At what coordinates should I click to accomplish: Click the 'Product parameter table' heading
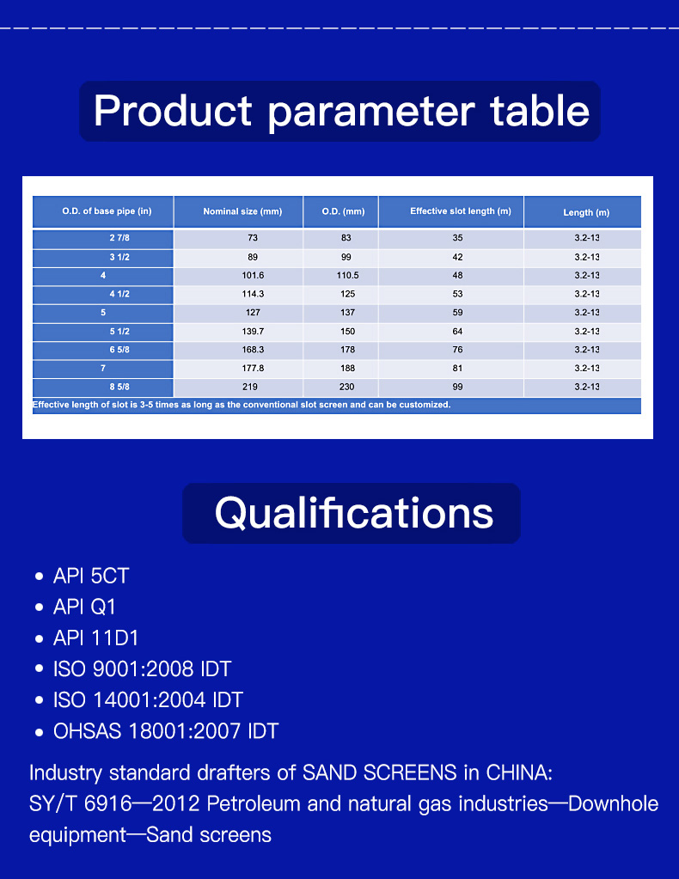[x=341, y=111]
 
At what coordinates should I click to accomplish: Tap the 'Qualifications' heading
[x=354, y=513]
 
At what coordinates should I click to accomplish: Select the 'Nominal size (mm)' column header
[x=242, y=211]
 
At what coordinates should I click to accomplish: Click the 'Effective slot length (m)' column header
[x=461, y=211]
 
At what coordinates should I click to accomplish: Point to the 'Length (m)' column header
[x=586, y=212]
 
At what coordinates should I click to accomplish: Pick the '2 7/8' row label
[x=119, y=238]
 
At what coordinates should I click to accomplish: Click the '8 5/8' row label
[x=119, y=387]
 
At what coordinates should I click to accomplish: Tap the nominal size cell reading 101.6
[x=253, y=275]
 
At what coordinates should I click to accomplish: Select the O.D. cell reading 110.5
[x=347, y=275]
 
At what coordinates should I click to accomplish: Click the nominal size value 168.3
[x=253, y=350]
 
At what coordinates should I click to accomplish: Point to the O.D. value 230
[x=347, y=387]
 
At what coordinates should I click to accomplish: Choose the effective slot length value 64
[x=457, y=332]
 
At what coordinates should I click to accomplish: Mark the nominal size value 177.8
[x=253, y=369]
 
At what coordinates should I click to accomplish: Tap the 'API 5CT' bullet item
[x=91, y=576]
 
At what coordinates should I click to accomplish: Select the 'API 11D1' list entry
[x=95, y=638]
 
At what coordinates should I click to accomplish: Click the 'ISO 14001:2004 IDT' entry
[x=148, y=699]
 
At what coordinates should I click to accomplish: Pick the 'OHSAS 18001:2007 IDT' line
[x=166, y=731]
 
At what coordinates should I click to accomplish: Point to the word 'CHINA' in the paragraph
[x=519, y=772]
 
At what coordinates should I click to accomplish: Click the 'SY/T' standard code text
[x=53, y=804]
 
